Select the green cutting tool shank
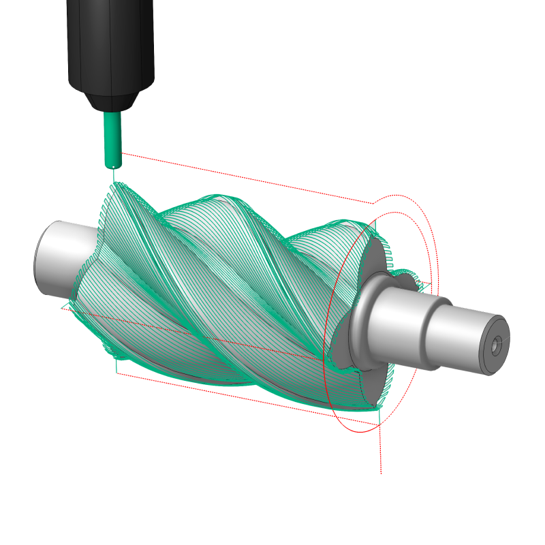(x=112, y=136)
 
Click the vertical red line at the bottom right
(x=380, y=450)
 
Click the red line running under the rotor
(x=245, y=396)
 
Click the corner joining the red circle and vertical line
(x=379, y=426)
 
